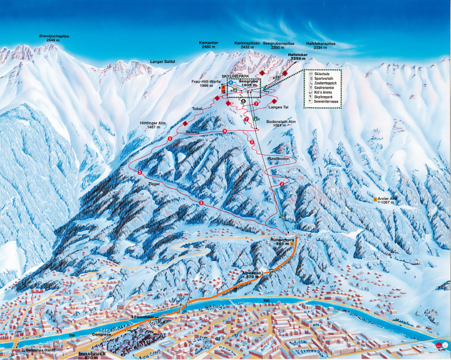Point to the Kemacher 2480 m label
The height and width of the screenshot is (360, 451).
coord(210,45)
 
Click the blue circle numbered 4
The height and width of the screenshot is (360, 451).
coord(231,83)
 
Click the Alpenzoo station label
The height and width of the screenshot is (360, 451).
coord(254,273)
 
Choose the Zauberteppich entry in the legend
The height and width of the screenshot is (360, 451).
coord(326,84)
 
